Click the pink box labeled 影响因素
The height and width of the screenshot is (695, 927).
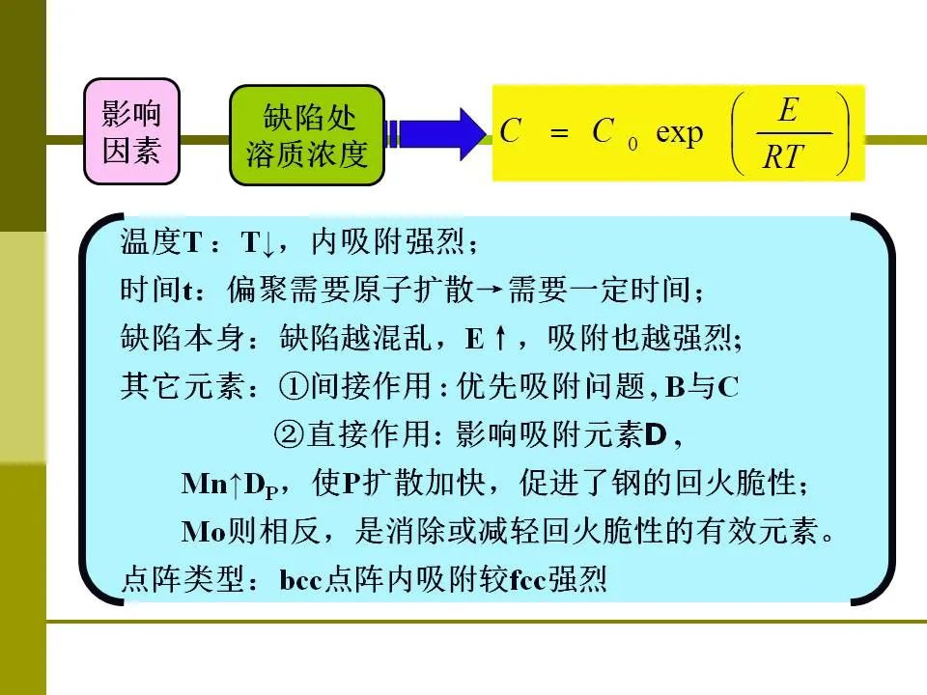pyautogui.click(x=132, y=132)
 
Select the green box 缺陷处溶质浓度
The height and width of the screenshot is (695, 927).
pyautogui.click(x=307, y=135)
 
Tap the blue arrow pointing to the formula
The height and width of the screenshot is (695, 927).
pyautogui.click(x=435, y=134)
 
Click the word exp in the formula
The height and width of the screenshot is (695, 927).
pyautogui.click(x=679, y=133)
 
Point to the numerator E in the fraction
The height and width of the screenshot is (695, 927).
pyautogui.click(x=789, y=110)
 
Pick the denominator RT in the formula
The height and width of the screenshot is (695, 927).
pyautogui.click(x=783, y=157)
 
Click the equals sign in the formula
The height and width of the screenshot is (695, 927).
pyautogui.click(x=559, y=133)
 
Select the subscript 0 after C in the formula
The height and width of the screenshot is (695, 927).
pyautogui.click(x=632, y=144)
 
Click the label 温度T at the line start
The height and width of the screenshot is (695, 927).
pyautogui.click(x=161, y=241)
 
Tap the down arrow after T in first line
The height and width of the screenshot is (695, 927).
pyautogui.click(x=267, y=243)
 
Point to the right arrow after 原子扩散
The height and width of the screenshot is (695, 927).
pyautogui.click(x=490, y=291)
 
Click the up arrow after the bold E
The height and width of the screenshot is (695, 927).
pyautogui.click(x=500, y=339)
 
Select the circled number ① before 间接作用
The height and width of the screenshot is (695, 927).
pyautogui.click(x=294, y=386)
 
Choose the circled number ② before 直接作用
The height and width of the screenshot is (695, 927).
pyautogui.click(x=290, y=434)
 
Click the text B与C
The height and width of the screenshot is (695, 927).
pyautogui.click(x=702, y=387)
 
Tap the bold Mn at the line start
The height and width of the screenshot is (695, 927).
pyautogui.click(x=205, y=484)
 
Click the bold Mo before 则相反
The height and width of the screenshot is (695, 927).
pyautogui.click(x=204, y=532)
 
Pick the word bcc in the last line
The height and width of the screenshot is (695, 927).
pyautogui.click(x=300, y=580)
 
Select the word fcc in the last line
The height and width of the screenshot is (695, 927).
pyautogui.click(x=527, y=580)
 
